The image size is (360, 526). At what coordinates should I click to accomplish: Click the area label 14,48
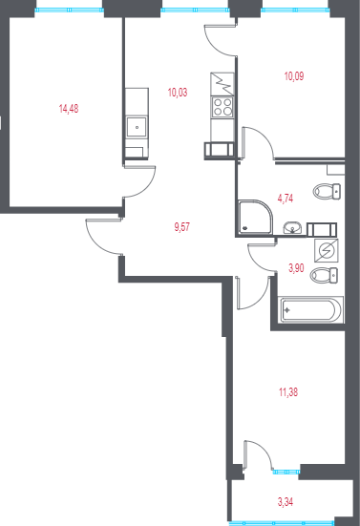click(x=69, y=109)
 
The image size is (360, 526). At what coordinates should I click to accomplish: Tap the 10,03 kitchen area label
click(x=178, y=93)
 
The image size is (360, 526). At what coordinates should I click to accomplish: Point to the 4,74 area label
click(x=286, y=198)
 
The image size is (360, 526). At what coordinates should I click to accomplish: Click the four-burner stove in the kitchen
click(x=222, y=105)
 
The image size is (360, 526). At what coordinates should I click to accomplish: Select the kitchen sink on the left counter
click(x=137, y=126)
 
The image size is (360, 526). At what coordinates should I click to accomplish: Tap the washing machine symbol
click(x=325, y=251)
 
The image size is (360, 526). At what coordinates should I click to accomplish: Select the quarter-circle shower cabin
click(x=251, y=217)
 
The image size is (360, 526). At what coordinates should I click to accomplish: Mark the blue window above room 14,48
click(x=68, y=9)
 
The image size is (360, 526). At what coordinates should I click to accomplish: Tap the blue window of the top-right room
click(x=295, y=9)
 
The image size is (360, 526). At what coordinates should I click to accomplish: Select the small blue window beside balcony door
click(x=285, y=472)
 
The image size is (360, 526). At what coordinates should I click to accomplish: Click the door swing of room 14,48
click(x=138, y=182)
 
